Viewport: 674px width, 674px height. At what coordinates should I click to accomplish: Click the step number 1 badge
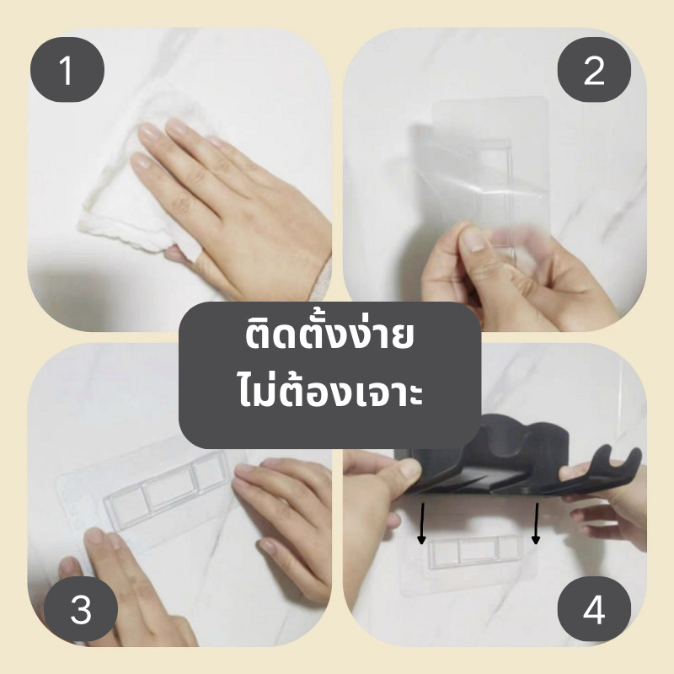[67, 70]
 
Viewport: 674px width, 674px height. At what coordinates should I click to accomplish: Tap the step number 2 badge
[594, 70]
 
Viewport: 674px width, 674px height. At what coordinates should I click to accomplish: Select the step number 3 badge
[81, 609]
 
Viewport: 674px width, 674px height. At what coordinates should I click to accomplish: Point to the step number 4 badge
[594, 609]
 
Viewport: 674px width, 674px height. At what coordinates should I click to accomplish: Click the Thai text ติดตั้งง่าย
[329, 335]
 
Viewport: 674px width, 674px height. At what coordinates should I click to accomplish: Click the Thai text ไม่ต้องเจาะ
[330, 392]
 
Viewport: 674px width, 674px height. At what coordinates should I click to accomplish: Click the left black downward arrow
[422, 523]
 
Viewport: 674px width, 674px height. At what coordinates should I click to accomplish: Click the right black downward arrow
[536, 523]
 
